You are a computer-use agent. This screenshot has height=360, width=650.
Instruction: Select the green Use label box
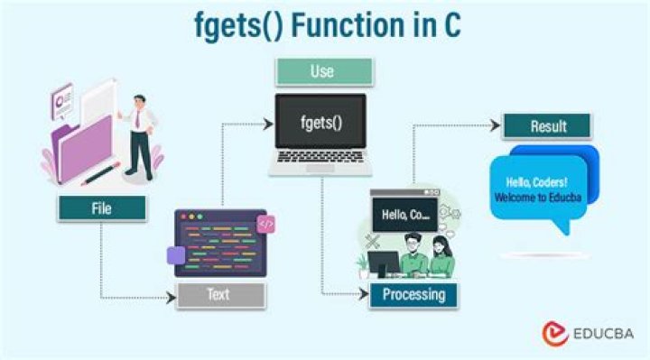322,71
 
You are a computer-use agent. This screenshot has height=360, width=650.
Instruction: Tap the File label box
101,208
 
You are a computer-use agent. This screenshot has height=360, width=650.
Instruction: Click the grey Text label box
220,294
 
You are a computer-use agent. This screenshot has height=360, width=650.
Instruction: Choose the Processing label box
413,294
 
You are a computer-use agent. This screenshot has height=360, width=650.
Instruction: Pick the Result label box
546,125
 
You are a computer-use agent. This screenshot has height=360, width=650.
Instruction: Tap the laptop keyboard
321,163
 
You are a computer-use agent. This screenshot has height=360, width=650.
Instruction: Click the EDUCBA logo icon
554,334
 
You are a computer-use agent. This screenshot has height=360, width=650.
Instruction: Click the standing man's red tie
137,117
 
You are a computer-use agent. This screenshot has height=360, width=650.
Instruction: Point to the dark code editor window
215,244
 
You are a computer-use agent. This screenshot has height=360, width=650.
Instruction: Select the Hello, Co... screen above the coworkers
405,215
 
